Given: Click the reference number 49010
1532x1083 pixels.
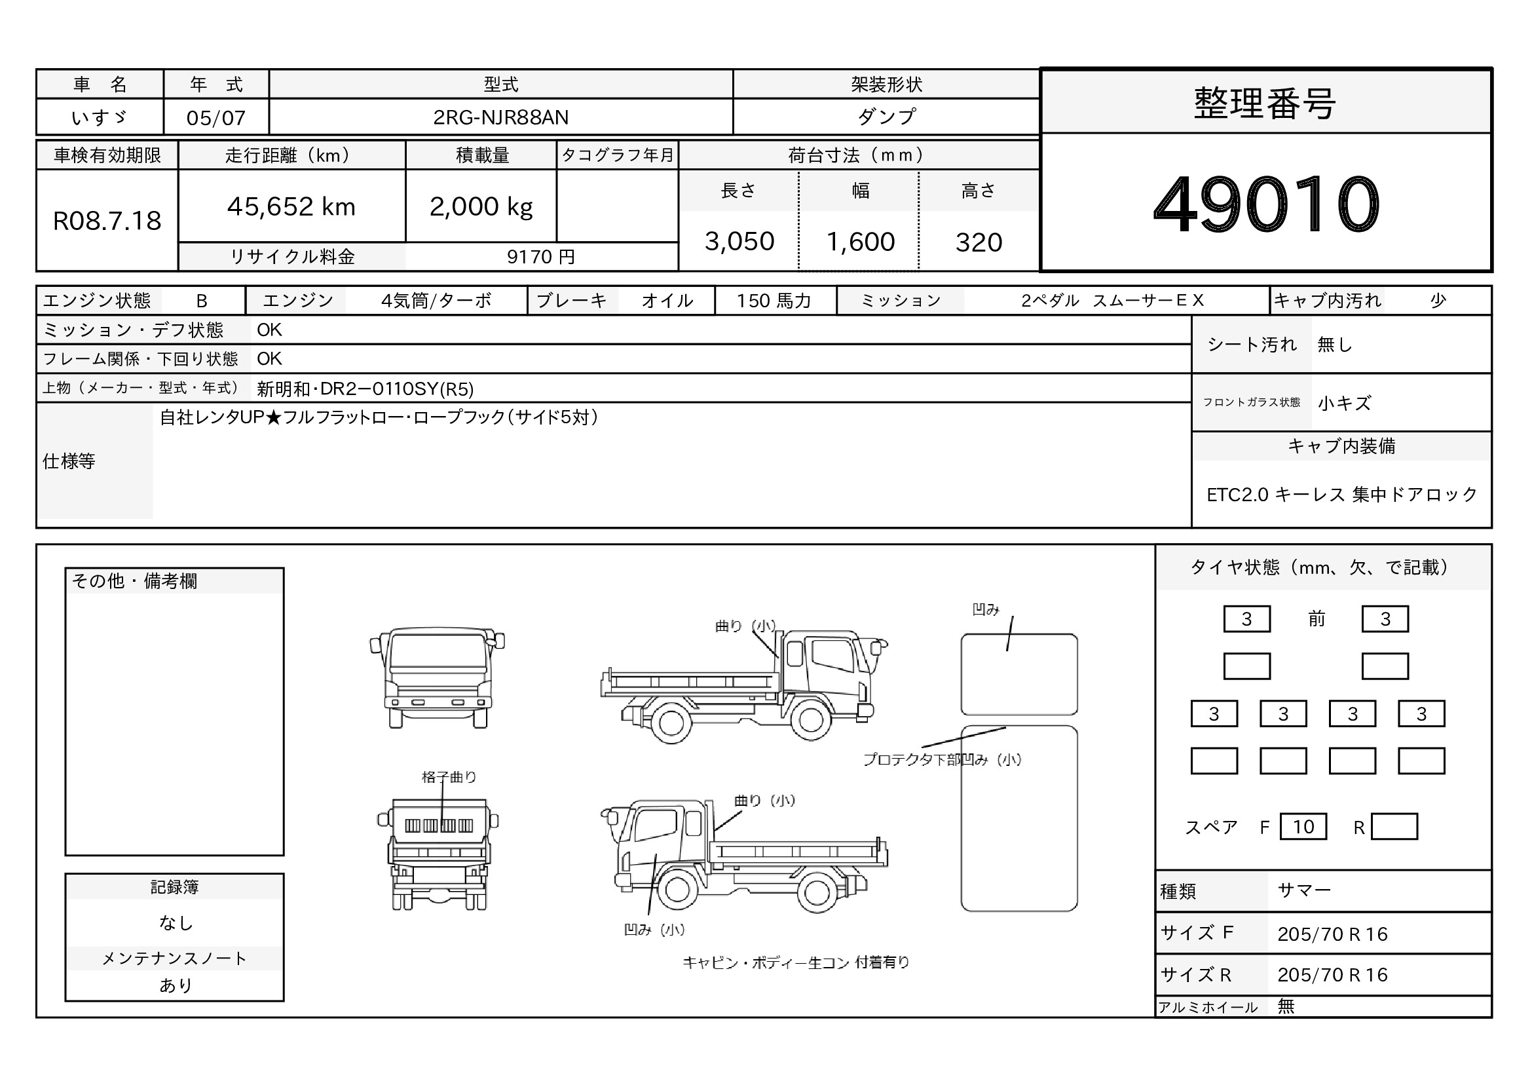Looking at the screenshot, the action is pyautogui.click(x=1266, y=204).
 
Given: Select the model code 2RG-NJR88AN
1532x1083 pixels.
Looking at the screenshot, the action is pyautogui.click(x=500, y=117).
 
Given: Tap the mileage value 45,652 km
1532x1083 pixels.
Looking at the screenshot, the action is pyautogui.click(x=291, y=207).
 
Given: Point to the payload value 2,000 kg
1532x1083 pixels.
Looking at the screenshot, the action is pyautogui.click(x=481, y=207).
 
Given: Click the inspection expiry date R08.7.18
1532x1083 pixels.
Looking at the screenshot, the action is pyautogui.click(x=107, y=221).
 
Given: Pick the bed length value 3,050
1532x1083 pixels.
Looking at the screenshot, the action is pyautogui.click(x=739, y=242).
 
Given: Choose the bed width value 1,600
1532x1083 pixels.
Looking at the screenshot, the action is pyautogui.click(x=861, y=242).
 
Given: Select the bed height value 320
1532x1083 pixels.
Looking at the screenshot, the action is pyautogui.click(x=979, y=242).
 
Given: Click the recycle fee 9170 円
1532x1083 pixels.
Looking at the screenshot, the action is pyautogui.click(x=540, y=257).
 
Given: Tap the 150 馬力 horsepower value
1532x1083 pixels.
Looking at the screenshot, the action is pyautogui.click(x=774, y=301).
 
